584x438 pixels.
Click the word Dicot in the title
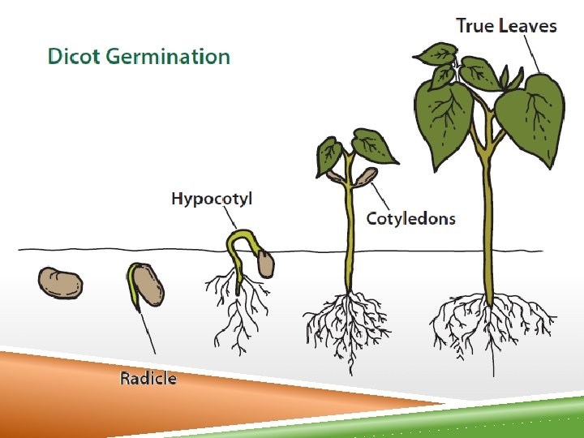73,57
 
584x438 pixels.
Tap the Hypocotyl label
212,199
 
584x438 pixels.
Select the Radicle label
148,378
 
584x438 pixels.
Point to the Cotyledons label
410,218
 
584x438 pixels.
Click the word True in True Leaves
474,25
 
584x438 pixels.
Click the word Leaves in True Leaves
527,25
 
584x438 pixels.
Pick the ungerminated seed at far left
59,282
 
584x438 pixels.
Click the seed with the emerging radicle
148,284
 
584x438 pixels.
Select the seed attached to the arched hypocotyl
265,262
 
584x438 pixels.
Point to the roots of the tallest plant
491,324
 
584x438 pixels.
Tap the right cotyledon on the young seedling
367,176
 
